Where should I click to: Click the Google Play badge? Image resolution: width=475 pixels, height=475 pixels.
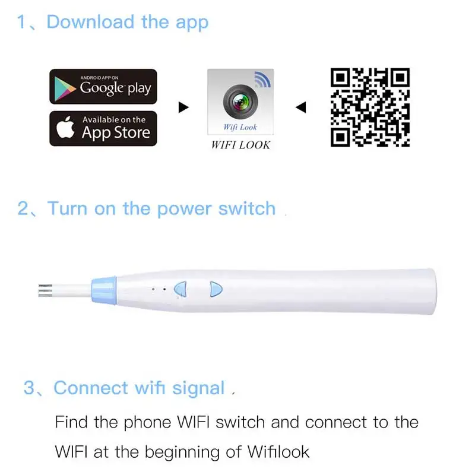click(103, 86)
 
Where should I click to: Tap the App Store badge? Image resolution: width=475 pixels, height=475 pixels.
click(103, 128)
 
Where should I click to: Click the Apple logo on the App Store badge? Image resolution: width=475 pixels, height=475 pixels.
click(65, 127)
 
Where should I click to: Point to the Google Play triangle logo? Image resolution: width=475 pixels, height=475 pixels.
click(65, 88)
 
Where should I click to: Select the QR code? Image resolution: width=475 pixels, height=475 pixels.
click(370, 107)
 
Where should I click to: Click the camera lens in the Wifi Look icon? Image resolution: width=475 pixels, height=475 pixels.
click(240, 102)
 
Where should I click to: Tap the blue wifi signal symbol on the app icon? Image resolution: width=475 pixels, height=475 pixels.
click(262, 80)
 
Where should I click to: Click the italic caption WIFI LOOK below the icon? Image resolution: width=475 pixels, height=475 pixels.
click(240, 145)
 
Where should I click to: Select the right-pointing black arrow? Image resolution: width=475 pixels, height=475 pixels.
click(183, 107)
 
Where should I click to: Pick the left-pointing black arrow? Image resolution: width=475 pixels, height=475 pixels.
click(301, 107)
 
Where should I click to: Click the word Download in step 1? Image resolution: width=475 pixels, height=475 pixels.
click(90, 23)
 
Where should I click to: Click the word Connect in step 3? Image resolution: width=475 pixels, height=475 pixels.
click(91, 388)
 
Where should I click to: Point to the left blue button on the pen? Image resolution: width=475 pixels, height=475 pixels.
click(181, 289)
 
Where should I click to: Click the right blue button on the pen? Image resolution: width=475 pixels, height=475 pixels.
click(216, 289)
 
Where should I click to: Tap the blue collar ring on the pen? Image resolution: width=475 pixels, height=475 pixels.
click(104, 290)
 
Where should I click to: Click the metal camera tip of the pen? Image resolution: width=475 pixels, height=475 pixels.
click(45, 290)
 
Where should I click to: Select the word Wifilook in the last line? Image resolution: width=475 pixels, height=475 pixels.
click(278, 452)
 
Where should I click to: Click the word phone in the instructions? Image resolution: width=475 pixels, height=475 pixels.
click(147, 423)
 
